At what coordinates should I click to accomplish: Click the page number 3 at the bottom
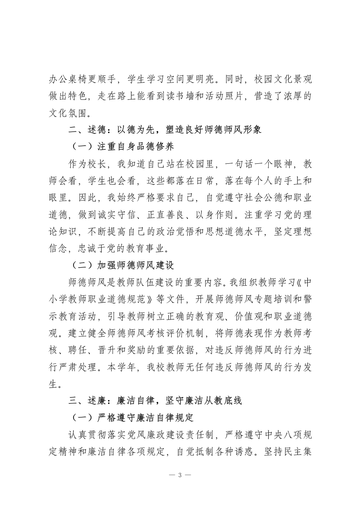point(180,475)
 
